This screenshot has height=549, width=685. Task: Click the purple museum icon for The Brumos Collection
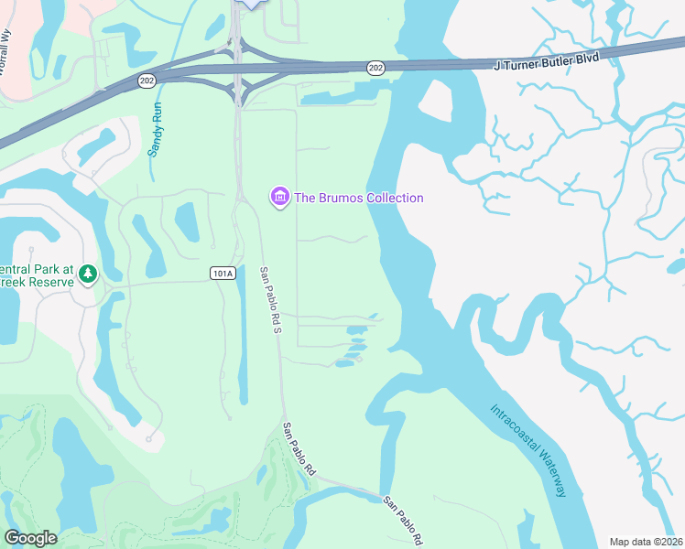coord(279,197)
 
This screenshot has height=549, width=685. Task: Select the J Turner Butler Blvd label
coord(546,61)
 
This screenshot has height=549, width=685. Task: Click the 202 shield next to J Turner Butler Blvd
coord(375,68)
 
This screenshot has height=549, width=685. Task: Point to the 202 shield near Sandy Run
coord(147,81)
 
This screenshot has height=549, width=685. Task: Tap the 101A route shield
coord(223,273)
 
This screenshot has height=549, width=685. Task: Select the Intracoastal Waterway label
coord(528,450)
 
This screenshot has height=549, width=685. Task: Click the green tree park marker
coord(88,274)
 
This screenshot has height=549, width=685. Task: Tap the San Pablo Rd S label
coord(269,300)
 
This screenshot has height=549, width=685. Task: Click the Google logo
coord(30,538)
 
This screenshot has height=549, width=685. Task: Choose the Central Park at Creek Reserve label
coord(38,274)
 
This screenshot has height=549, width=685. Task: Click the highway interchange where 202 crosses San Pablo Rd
coord(238,71)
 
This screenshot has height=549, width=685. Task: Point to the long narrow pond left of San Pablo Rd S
coord(242,339)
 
